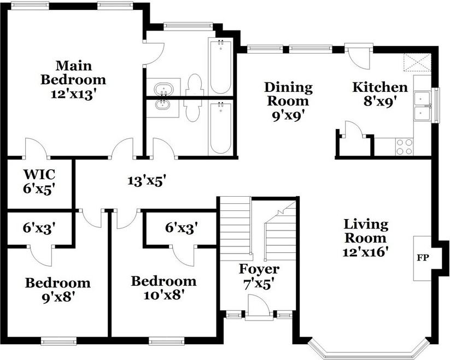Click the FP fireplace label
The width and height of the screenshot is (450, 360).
(423, 258)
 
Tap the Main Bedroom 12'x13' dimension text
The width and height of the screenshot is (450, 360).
(73, 95)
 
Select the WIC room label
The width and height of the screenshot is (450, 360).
(39, 174)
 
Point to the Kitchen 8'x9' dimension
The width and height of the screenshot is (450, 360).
(380, 102)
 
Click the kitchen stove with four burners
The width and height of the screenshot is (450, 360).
(405, 147)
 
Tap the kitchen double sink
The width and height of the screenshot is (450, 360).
(422, 106)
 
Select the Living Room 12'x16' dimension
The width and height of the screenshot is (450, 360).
(366, 252)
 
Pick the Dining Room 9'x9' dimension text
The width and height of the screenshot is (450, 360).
(288, 116)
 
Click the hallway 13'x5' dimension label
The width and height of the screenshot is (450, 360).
(147, 181)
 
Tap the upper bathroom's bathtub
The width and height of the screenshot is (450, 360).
(220, 67)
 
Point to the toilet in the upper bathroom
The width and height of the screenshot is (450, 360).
(194, 85)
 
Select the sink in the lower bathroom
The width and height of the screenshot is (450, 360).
(163, 105)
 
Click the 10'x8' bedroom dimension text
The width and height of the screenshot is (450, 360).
(163, 294)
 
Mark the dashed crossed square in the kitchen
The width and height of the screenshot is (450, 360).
(417, 62)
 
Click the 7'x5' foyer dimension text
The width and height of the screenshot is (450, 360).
(258, 285)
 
